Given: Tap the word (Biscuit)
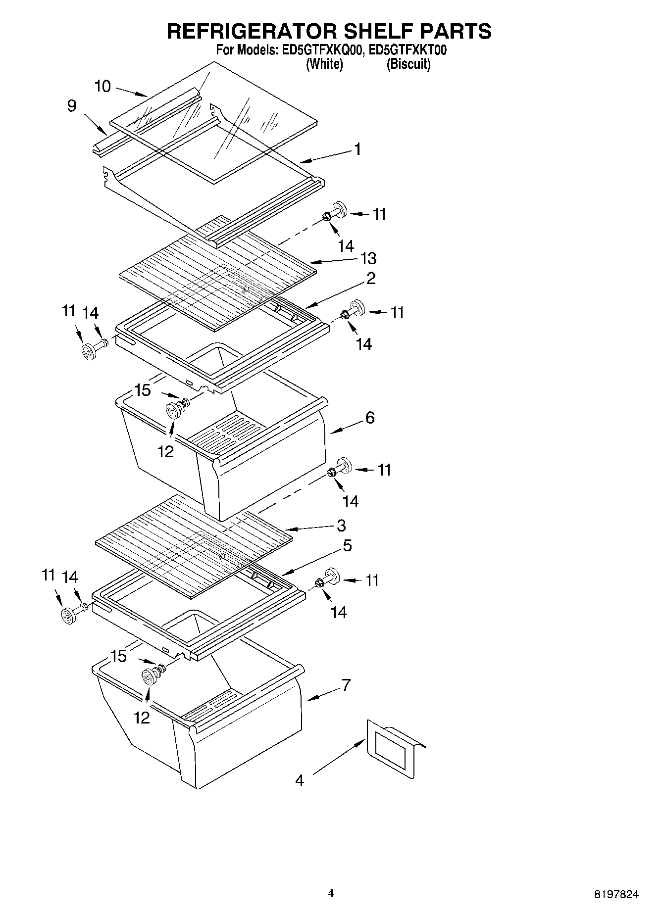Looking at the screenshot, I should pos(408,64).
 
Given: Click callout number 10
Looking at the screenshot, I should pos(102,86).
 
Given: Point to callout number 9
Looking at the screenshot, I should pos(72,106).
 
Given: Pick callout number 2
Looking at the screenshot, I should pos(371,278).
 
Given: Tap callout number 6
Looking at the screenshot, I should pos(370,418).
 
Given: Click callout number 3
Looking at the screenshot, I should pos(341,525).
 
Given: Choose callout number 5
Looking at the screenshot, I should pos(347,546).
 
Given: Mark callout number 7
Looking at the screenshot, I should pos(346,685).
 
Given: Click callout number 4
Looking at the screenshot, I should pos(299,780).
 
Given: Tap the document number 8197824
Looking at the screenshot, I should pos(616,894).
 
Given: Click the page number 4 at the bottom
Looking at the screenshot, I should pos(331,893).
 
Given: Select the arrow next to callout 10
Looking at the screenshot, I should pos(132,91).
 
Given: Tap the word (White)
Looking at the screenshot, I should pos(324,64).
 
